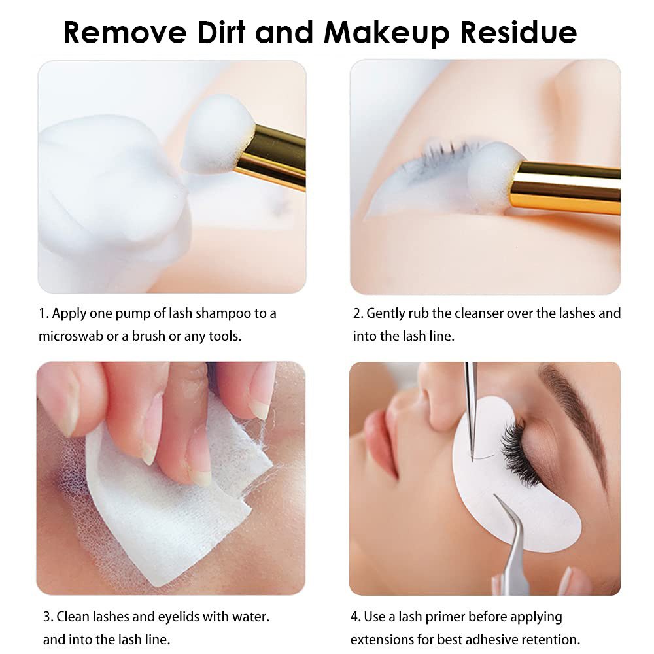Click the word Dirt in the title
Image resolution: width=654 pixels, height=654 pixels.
[x=221, y=32]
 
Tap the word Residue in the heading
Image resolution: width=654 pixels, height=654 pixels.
[x=519, y=32]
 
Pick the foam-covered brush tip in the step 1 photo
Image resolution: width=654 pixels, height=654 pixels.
[x=217, y=133]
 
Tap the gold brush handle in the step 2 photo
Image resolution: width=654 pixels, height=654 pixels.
[x=565, y=188]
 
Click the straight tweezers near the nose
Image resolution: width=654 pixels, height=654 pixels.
[x=471, y=411]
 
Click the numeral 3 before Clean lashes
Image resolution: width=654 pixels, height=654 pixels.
[x=48, y=617]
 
